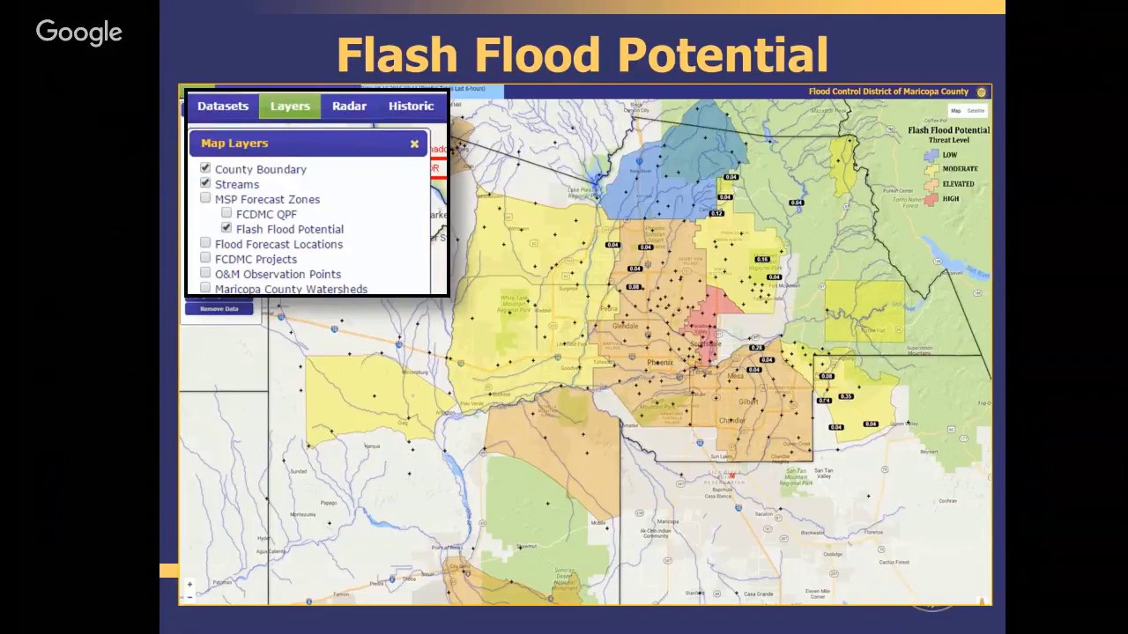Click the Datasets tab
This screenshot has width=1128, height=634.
pos(223,106)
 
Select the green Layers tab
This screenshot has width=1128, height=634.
pos(290,106)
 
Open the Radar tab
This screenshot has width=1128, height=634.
pos(349,106)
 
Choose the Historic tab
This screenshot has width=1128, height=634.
pos(411,106)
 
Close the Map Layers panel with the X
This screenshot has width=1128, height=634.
pos(414,144)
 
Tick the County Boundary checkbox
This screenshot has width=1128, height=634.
pos(205,168)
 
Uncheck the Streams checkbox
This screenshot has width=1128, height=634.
pos(205,183)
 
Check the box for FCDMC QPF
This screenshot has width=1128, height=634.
pos(226,213)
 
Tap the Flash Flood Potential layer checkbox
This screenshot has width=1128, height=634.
pos(226,228)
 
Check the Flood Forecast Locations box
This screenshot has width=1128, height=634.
pos(205,243)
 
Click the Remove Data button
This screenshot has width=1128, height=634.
pos(219,308)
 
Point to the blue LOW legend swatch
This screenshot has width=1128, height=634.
pos(931,155)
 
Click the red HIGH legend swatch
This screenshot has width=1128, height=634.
pos(931,199)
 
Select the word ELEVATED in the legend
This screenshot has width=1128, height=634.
pos(958,184)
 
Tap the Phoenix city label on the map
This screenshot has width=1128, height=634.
pos(660,363)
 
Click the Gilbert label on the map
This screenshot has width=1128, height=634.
pos(748,401)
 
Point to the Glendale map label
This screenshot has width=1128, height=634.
pos(625,326)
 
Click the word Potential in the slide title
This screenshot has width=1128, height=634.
pos(723,55)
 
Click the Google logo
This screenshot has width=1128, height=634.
pos(79,33)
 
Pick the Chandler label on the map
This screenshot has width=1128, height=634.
pos(732,421)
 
